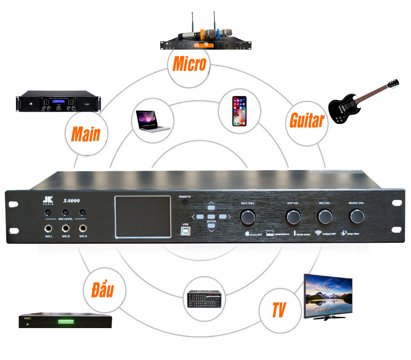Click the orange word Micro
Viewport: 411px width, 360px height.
[x=189, y=64]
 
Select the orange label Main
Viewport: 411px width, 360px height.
[x=86, y=134]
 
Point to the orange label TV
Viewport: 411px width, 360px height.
[x=279, y=310]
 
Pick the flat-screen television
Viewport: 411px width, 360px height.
[x=329, y=297]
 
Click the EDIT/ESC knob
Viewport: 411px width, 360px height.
[x=248, y=217]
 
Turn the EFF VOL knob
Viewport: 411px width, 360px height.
[x=293, y=217]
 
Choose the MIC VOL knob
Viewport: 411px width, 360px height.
[x=325, y=217]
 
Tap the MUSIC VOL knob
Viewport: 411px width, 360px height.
[x=357, y=217]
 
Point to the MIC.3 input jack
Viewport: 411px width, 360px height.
[x=83, y=228]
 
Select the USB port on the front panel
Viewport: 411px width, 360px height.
[x=185, y=231]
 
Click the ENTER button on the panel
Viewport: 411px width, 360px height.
[x=211, y=217]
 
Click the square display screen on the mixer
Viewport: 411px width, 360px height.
[x=142, y=217]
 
